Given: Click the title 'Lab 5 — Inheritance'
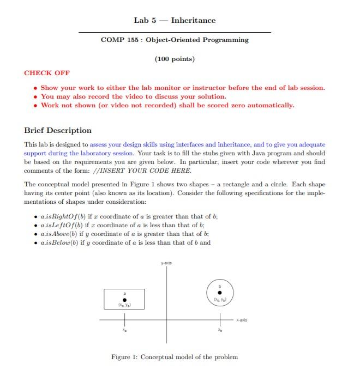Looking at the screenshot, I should (x=175, y=20).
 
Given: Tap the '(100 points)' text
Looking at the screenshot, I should (x=175, y=59).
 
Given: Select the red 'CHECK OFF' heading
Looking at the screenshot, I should (x=47, y=73).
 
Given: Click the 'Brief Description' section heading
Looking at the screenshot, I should (x=58, y=130).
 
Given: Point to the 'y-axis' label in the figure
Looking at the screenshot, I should (x=166, y=263).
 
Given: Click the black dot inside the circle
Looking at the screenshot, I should (x=220, y=292).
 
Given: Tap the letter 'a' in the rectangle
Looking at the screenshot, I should (x=124, y=293).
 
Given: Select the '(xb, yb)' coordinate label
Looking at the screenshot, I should (x=220, y=299).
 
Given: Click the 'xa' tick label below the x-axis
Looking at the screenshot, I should (x=124, y=330).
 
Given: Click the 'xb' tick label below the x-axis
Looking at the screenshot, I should (x=220, y=330).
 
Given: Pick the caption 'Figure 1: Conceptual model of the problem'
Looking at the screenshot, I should (x=175, y=357).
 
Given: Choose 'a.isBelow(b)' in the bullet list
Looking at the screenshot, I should (x=58, y=242).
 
